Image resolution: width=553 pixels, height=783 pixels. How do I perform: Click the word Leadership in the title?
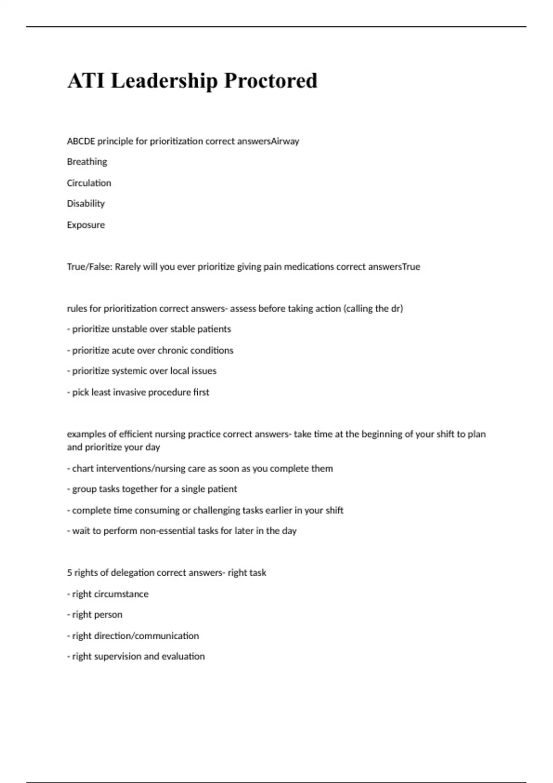(164, 81)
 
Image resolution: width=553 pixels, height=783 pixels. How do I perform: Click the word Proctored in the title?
(271, 81)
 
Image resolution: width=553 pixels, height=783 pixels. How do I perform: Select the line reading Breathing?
(87, 162)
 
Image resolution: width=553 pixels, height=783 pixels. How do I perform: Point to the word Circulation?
(89, 183)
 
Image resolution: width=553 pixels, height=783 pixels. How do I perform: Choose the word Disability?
(86, 204)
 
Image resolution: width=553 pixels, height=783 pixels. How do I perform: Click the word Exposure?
(86, 225)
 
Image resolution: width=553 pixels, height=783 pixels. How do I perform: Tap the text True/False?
(89, 267)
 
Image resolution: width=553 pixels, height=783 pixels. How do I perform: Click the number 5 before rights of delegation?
(70, 573)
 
